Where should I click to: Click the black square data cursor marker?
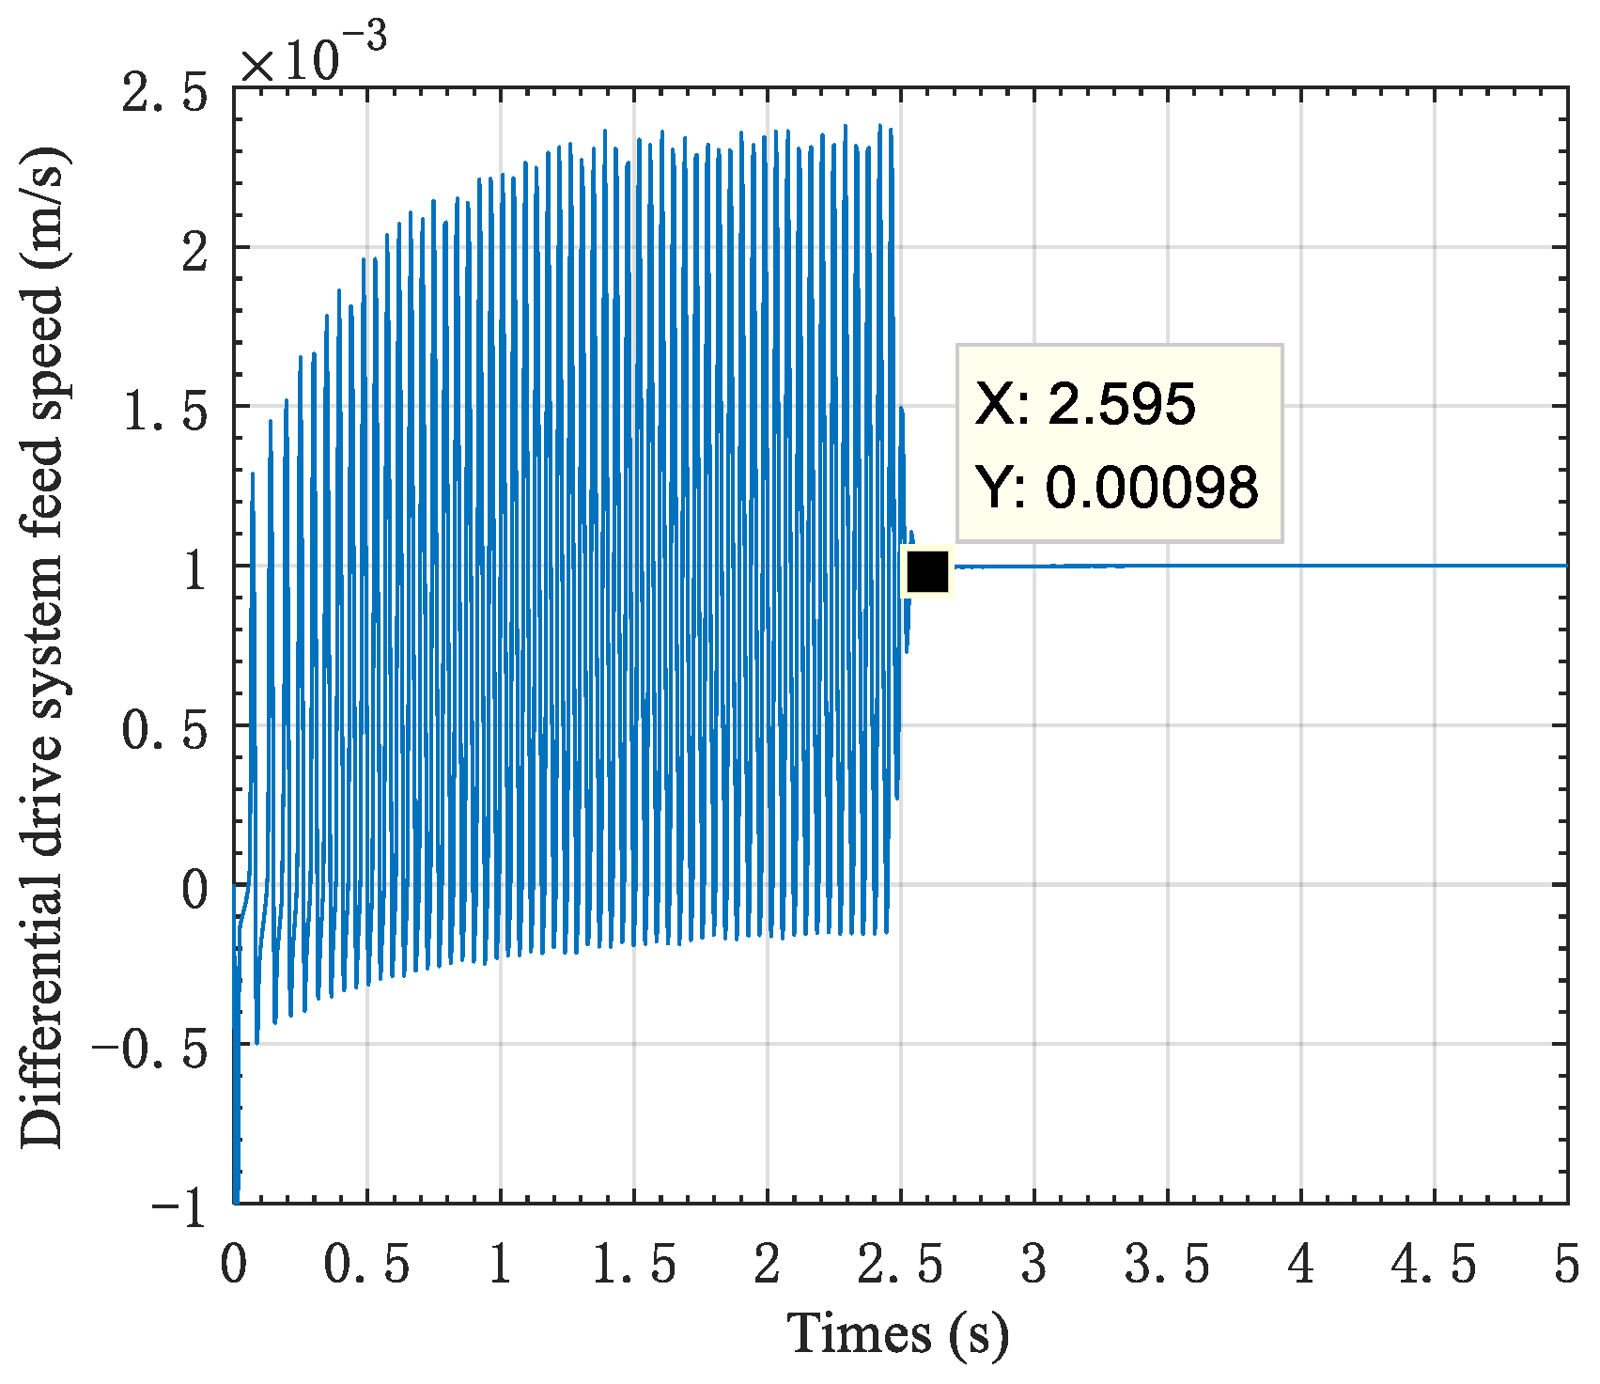point(927,571)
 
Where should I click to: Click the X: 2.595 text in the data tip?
point(1084,404)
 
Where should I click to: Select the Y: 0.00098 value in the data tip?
point(1116,487)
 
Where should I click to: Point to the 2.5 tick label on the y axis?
point(164,95)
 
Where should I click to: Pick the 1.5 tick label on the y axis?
point(164,413)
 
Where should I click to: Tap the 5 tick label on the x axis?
point(1566,1264)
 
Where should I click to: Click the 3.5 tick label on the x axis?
point(1168,1264)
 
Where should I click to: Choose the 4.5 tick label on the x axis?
point(1434,1264)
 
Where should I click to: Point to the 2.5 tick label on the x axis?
point(901,1264)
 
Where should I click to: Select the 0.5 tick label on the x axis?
point(366,1264)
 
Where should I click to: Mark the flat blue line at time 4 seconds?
point(1301,566)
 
